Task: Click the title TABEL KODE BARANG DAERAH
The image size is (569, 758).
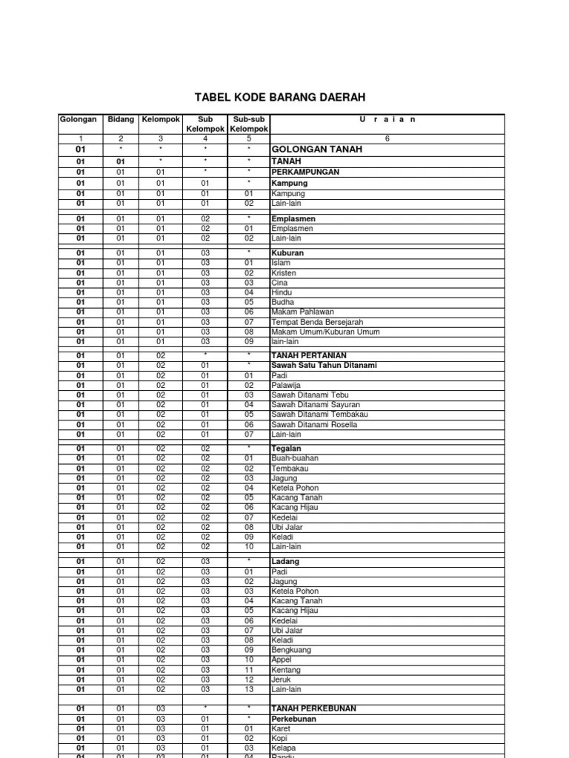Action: (x=279, y=97)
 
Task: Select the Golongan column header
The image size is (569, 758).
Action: (x=78, y=119)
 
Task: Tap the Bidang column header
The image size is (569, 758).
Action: (x=122, y=119)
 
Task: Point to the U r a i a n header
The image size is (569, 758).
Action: (x=387, y=119)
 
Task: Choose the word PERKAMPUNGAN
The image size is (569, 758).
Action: (x=305, y=172)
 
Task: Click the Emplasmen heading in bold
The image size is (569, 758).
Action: (x=293, y=219)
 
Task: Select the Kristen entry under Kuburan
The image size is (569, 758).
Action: (x=284, y=273)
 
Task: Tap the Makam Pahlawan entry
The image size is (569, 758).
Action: (x=302, y=312)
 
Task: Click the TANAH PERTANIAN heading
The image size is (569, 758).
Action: (x=309, y=355)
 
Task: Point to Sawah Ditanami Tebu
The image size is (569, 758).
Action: (x=310, y=395)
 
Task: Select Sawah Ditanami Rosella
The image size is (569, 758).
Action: (x=314, y=425)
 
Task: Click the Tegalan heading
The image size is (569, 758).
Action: (x=287, y=449)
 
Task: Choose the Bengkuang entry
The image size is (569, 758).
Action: (x=291, y=650)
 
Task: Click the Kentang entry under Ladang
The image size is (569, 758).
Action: (x=286, y=670)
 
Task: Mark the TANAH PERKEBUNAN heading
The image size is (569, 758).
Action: (x=313, y=708)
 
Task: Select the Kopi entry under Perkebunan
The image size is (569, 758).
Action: (x=281, y=739)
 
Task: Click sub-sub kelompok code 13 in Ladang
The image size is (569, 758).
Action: (x=249, y=689)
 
